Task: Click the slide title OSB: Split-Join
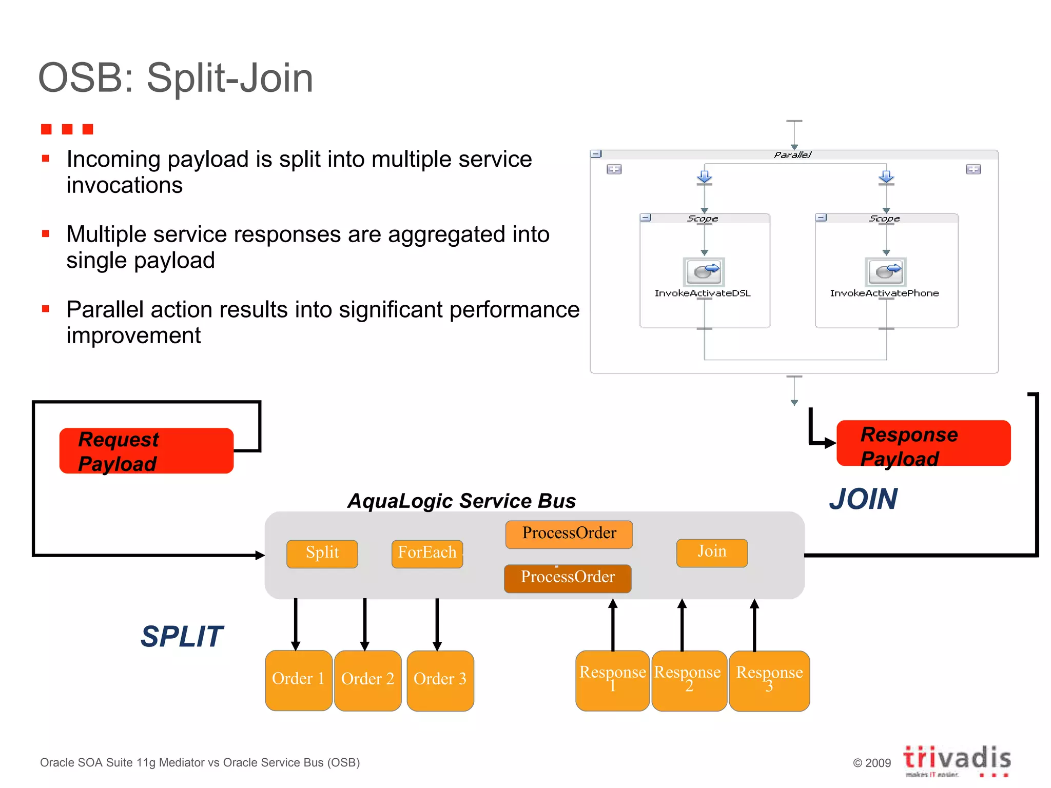pos(176,78)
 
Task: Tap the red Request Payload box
pos(146,451)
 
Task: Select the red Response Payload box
pos(923,444)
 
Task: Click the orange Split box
pos(322,554)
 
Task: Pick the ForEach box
pos(427,554)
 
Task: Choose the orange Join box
pos(712,553)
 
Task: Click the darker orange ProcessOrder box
pos(568,578)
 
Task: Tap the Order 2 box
pos(367,680)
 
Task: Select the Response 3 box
pos(769,680)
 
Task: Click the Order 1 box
pos(298,680)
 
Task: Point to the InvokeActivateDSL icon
pos(704,272)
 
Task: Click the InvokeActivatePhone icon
pos(885,272)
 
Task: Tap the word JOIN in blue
pos(863,499)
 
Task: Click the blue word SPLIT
pos(182,637)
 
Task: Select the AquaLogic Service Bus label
pos(461,501)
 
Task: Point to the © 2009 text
pos(871,763)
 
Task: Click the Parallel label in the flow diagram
pos(792,154)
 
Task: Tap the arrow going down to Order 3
pos(437,624)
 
